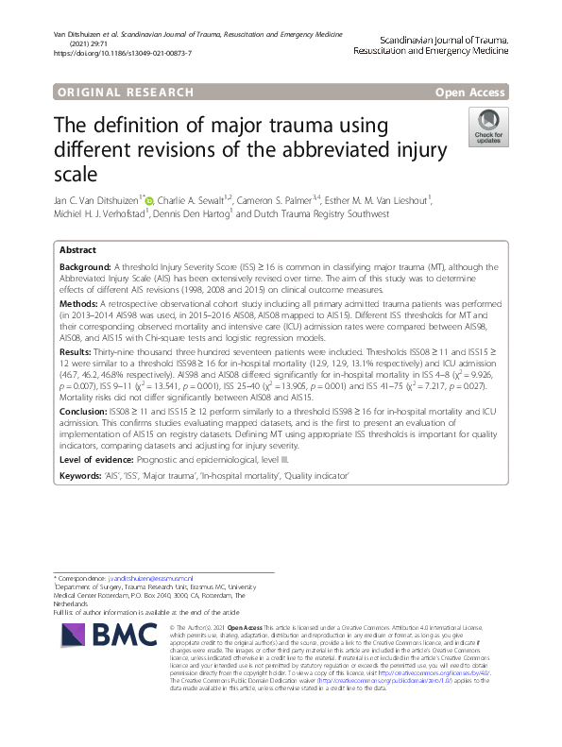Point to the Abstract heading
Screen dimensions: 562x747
[77, 250]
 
